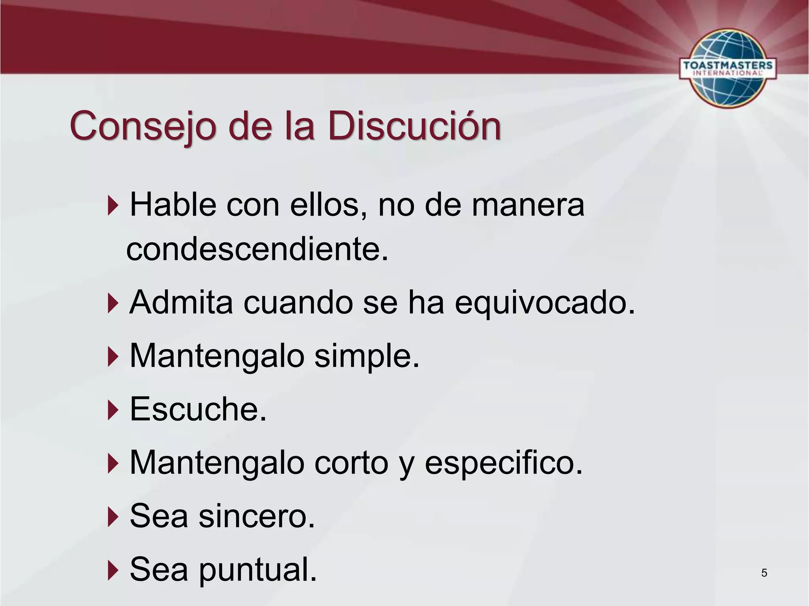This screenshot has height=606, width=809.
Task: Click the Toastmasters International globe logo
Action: pyautogui.click(x=727, y=67)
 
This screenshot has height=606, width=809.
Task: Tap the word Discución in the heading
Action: pyautogui.click(x=414, y=127)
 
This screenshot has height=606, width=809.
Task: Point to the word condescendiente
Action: pyautogui.click(x=257, y=249)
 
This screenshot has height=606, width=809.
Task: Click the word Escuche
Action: pyautogui.click(x=198, y=409)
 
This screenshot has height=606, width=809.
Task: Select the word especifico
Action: pyautogui.click(x=504, y=463)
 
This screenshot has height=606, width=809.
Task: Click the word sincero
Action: pyautogui.click(x=257, y=516)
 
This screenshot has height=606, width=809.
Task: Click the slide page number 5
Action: pyautogui.click(x=764, y=573)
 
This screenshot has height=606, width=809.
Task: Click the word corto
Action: pyautogui.click(x=352, y=462)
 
